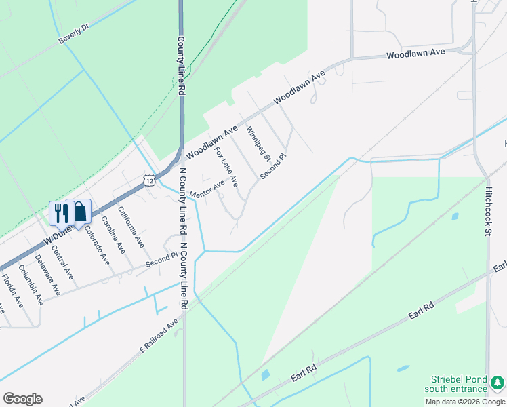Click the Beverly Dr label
point(74,35)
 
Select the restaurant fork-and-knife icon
point(62,212)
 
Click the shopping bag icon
point(80,212)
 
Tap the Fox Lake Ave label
point(226,171)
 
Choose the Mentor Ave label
point(207,189)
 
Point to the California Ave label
point(131,227)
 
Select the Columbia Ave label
point(31,284)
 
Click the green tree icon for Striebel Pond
point(498,383)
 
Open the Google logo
point(22,399)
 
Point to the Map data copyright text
point(465,402)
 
